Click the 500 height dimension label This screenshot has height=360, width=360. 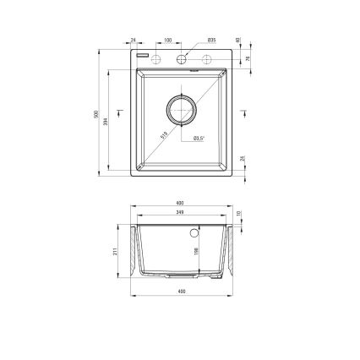click(x=98, y=113)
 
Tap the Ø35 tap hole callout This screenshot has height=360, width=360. click(x=211, y=40)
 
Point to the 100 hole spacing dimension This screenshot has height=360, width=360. click(x=168, y=40)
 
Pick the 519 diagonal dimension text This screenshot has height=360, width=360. click(x=162, y=134)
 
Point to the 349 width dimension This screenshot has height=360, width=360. click(x=180, y=214)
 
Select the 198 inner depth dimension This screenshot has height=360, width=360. click(x=195, y=251)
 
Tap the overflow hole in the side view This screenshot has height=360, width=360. click(x=196, y=231)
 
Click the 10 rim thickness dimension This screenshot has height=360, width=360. click(x=240, y=214)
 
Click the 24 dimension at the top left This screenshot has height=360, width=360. click(x=134, y=40)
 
